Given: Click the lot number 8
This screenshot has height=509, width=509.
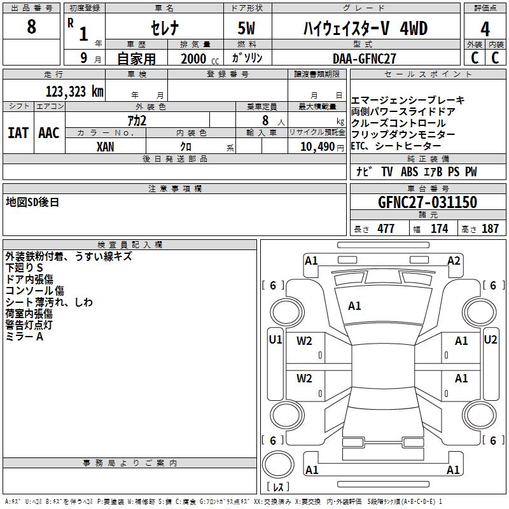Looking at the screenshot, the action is tap(31, 26).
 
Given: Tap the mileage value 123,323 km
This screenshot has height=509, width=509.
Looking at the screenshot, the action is tap(74, 92).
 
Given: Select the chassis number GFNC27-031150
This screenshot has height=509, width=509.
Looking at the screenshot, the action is tap(428, 202).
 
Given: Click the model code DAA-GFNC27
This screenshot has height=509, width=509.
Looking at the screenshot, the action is tap(365, 59).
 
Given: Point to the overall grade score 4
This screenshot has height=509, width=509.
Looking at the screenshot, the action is tap(485, 29).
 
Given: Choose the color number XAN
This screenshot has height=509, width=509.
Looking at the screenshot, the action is tap(105, 147).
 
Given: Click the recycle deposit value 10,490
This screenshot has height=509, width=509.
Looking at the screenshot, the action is tap(317, 146).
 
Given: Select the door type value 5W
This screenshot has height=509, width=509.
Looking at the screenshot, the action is tap(246, 28).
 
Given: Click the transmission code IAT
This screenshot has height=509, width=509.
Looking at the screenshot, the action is tap(18, 133).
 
